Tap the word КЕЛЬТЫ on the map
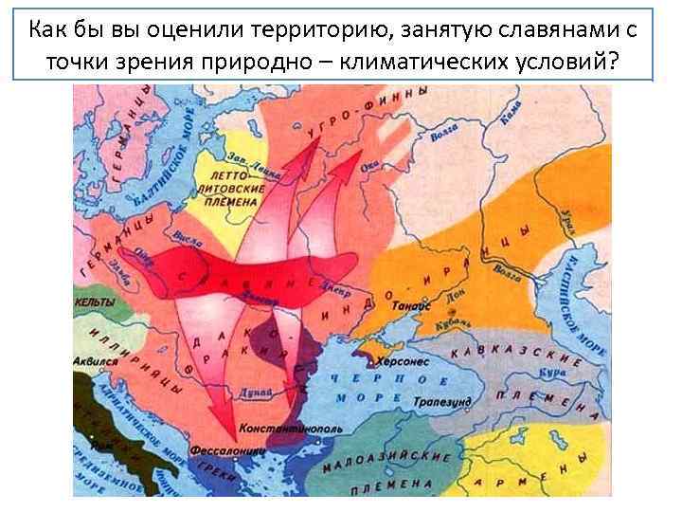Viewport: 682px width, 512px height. coord(94,302)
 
